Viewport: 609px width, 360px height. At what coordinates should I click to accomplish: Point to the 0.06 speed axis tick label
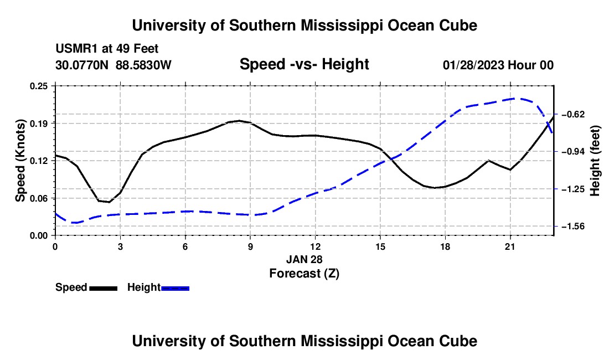coord(39,198)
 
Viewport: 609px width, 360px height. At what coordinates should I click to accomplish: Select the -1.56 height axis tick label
coord(572,227)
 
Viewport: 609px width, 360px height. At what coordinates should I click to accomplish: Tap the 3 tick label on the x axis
coord(120,246)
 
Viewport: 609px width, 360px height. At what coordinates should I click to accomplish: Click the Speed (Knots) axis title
coord(20,161)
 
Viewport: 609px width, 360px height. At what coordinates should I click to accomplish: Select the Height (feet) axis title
coord(595,161)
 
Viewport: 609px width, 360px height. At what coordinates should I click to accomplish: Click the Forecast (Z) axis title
coord(304,274)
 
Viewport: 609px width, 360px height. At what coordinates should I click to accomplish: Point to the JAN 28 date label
coord(304,259)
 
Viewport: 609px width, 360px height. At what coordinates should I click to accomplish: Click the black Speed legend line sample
coord(104,289)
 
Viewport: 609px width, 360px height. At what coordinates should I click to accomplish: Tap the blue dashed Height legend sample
coord(175,289)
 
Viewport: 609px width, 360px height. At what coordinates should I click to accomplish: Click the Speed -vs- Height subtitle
coord(304,64)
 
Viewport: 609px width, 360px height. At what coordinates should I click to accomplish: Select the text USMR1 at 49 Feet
coord(107,49)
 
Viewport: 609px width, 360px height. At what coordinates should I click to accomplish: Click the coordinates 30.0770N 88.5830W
coord(113,65)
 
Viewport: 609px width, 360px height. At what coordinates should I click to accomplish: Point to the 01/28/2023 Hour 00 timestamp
coord(498,65)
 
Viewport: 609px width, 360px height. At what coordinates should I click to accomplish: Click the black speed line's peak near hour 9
coord(239,120)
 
